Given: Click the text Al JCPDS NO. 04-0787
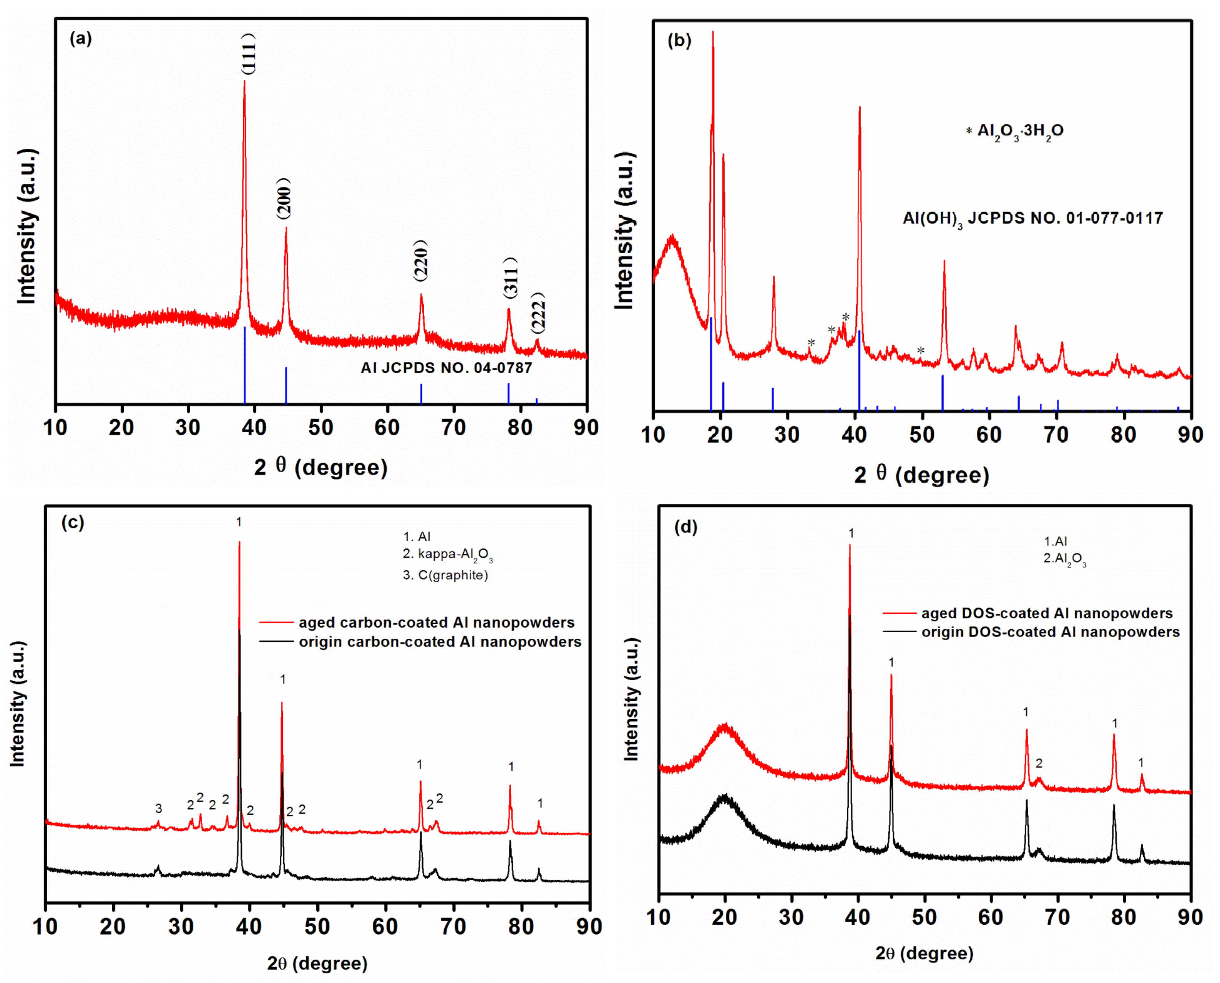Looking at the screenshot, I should (x=446, y=368).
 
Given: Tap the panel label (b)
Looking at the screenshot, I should (x=679, y=41).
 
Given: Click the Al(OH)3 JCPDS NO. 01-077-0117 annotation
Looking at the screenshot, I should (x=1032, y=219).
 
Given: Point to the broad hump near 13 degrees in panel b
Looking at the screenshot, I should (x=672, y=244).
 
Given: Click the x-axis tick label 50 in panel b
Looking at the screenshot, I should (x=922, y=435).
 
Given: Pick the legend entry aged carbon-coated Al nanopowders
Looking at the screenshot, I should (x=436, y=623).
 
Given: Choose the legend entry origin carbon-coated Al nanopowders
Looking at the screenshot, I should (x=439, y=642).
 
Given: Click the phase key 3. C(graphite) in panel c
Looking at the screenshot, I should (x=445, y=575).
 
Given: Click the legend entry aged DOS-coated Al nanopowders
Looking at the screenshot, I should (x=1046, y=613).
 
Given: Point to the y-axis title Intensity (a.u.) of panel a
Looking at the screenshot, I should (x=27, y=226).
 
